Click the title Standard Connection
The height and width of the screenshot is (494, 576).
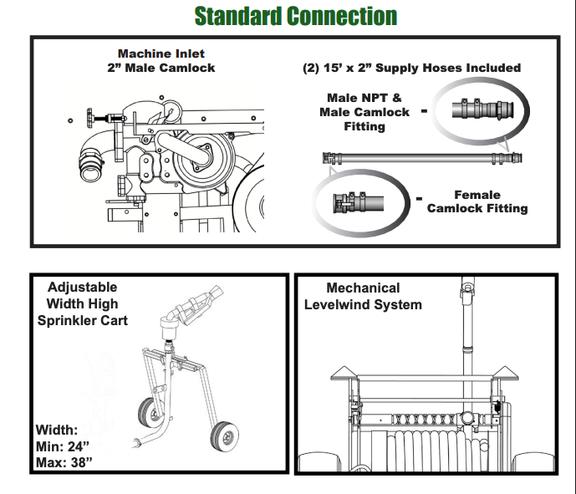point(295,16)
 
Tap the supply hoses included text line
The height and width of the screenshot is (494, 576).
point(411,68)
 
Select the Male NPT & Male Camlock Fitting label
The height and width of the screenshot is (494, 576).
point(364,112)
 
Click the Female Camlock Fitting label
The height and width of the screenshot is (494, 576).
point(477,201)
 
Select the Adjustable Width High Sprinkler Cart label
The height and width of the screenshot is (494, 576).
point(83,303)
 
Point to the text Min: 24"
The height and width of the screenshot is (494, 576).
point(64,446)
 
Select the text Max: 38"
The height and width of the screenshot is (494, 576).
point(64,462)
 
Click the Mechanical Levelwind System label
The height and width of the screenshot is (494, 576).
point(363,296)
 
